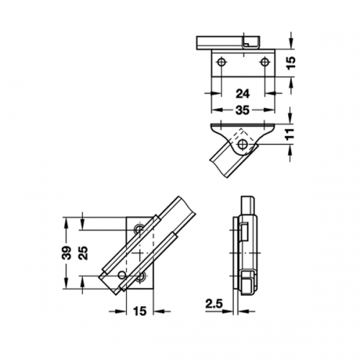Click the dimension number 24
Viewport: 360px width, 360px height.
(x=243, y=94)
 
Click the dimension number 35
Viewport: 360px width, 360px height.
(x=243, y=110)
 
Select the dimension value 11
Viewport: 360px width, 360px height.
(x=290, y=135)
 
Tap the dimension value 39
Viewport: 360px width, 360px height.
(x=67, y=253)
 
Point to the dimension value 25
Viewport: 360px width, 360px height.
(x=84, y=253)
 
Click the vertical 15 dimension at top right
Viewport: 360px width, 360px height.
(x=291, y=63)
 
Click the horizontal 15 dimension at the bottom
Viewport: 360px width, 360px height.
(x=140, y=311)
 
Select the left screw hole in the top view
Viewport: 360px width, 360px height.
(x=221, y=62)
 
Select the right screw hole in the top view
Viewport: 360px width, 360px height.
(x=264, y=62)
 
